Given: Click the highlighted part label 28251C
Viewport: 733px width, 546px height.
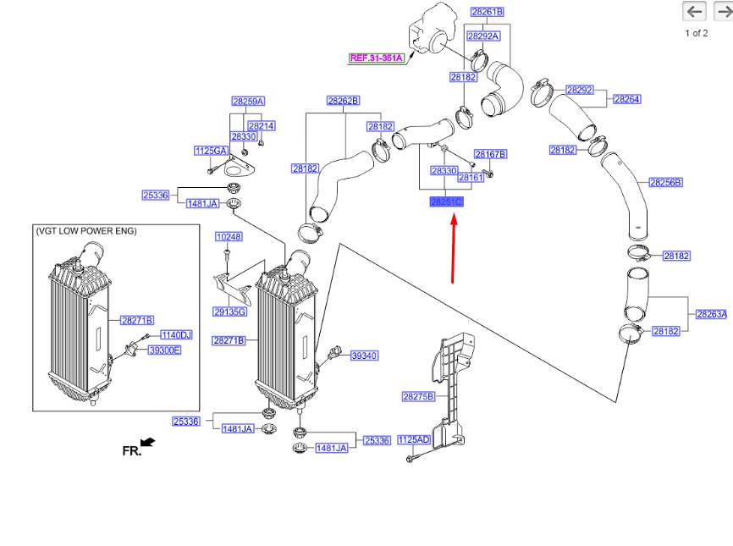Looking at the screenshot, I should tap(446, 202).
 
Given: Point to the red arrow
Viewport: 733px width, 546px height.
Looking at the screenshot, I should tap(454, 250).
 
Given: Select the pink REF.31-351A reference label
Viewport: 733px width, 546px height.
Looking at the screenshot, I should tap(377, 58).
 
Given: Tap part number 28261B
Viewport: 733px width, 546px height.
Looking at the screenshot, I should tap(487, 12).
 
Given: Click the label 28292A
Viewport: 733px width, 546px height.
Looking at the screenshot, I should tap(483, 36).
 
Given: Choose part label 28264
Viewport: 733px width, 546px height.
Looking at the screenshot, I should tap(626, 99).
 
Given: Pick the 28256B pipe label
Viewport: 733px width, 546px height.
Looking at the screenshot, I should tap(665, 182).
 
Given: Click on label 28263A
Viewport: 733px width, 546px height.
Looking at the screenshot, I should tap(711, 314).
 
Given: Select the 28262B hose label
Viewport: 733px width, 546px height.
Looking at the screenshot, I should tap(343, 101).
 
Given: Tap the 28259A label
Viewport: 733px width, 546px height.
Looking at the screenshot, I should tap(248, 102).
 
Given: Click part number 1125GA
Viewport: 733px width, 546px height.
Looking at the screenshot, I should tap(211, 151).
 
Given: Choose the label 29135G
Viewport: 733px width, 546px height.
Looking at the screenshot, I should tap(229, 312).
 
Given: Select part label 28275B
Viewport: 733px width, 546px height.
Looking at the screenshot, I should tap(418, 395).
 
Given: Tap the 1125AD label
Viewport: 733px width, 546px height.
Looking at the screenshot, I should tap(414, 439).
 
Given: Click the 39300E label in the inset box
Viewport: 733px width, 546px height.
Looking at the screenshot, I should tap(164, 350).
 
